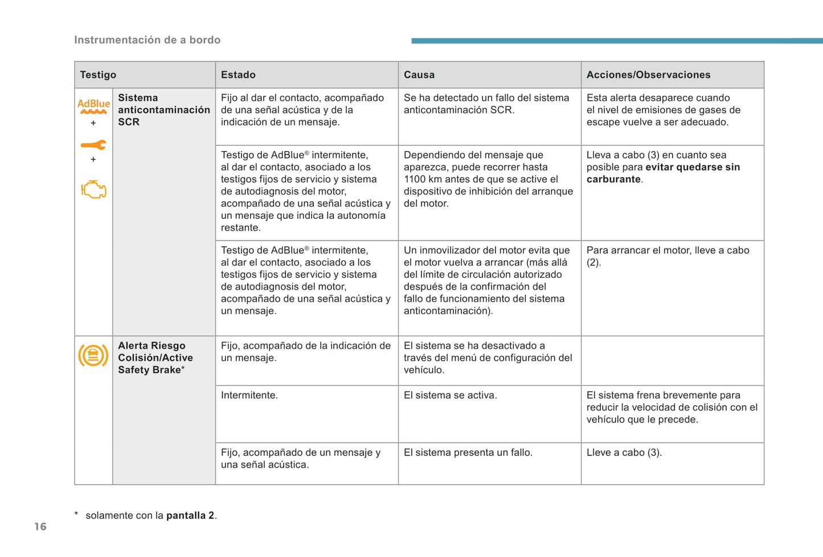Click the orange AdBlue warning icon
coord(93,106)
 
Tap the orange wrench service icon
coord(93,145)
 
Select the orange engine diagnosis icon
coord(93,189)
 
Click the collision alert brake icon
coord(93,356)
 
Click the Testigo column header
coord(98,75)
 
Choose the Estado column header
coord(238,75)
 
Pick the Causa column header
coord(419,75)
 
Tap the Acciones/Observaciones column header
coord(648,75)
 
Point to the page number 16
coord(40,526)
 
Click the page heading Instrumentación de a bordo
coord(147,40)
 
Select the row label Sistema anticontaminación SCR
coord(163,110)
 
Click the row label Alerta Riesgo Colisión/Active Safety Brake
coord(155,357)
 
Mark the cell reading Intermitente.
coord(249,395)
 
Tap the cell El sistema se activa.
coord(450,395)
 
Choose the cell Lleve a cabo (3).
coord(624,453)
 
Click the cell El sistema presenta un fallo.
coord(468,453)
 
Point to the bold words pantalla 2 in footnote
coord(190,515)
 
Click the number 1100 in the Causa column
coord(414,179)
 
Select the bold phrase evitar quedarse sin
coord(693,167)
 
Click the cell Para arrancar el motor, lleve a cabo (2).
coord(668,256)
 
